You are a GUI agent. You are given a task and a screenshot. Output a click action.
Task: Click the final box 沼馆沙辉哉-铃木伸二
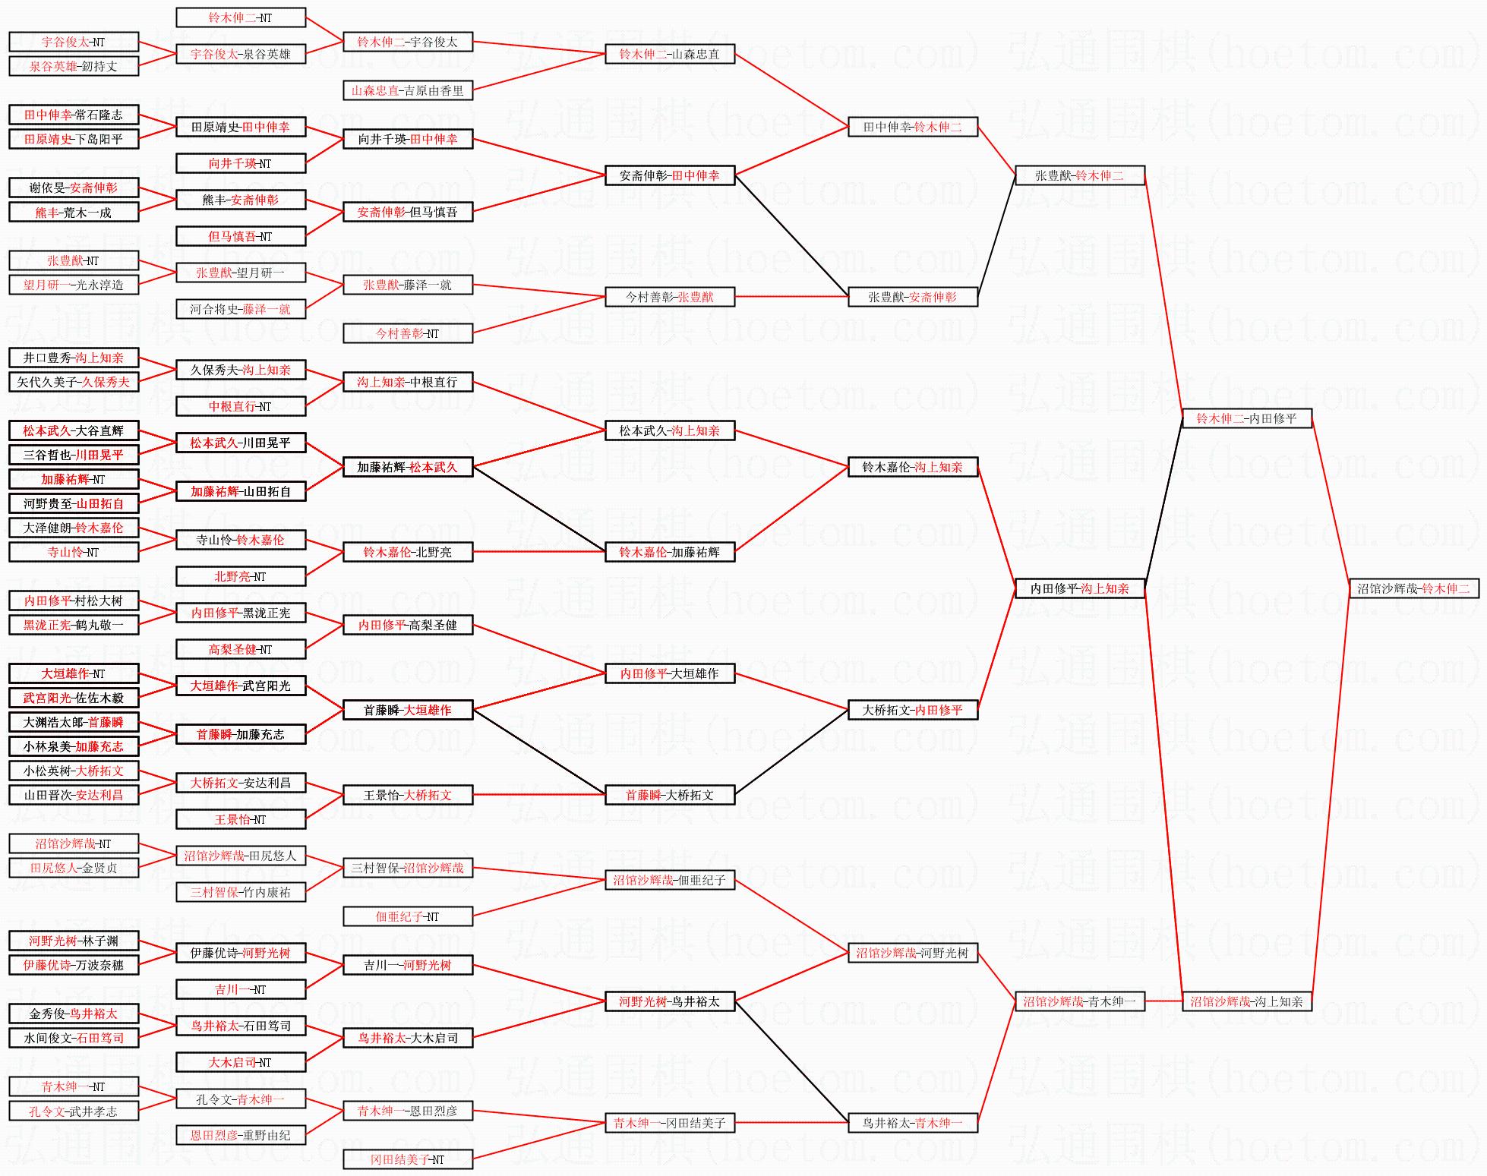pyautogui.click(x=1413, y=588)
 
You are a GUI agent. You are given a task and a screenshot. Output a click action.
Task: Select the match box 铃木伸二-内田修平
pyautogui.click(x=1246, y=418)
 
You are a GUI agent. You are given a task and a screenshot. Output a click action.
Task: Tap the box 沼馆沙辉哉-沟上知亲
pyautogui.click(x=1246, y=1001)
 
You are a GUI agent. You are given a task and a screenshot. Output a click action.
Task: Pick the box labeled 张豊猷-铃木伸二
pyautogui.click(x=1079, y=175)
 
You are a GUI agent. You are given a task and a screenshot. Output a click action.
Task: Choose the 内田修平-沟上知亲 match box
pyautogui.click(x=1079, y=588)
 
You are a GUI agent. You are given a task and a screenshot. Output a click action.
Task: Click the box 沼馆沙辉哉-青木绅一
pyautogui.click(x=1079, y=1001)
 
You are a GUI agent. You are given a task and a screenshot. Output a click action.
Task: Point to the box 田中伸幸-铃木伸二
pyautogui.click(x=912, y=127)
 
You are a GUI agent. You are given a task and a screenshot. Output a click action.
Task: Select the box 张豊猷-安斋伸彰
pyautogui.click(x=912, y=297)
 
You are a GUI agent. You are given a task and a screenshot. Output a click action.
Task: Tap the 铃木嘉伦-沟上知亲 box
pyautogui.click(x=912, y=467)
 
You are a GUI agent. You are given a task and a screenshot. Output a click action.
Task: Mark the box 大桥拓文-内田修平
pyautogui.click(x=912, y=710)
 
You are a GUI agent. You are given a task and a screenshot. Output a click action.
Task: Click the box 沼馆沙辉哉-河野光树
pyautogui.click(x=912, y=953)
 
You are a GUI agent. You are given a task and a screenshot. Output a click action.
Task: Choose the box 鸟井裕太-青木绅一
pyautogui.click(x=912, y=1123)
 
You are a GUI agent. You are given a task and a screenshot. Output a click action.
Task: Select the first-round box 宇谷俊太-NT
pyautogui.click(x=74, y=42)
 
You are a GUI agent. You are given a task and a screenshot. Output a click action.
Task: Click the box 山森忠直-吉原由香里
pyautogui.click(x=408, y=90)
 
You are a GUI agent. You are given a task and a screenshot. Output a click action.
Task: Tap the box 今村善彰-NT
pyautogui.click(x=408, y=333)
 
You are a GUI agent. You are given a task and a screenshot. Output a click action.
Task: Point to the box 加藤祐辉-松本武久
pyautogui.click(x=408, y=467)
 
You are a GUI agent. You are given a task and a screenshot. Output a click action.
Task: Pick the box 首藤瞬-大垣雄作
pyautogui.click(x=408, y=710)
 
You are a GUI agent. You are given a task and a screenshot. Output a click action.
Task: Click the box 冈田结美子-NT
pyautogui.click(x=408, y=1159)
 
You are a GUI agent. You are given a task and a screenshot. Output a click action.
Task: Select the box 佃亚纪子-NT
pyautogui.click(x=408, y=916)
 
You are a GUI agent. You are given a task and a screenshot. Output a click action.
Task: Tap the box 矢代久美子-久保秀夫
pyautogui.click(x=74, y=382)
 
